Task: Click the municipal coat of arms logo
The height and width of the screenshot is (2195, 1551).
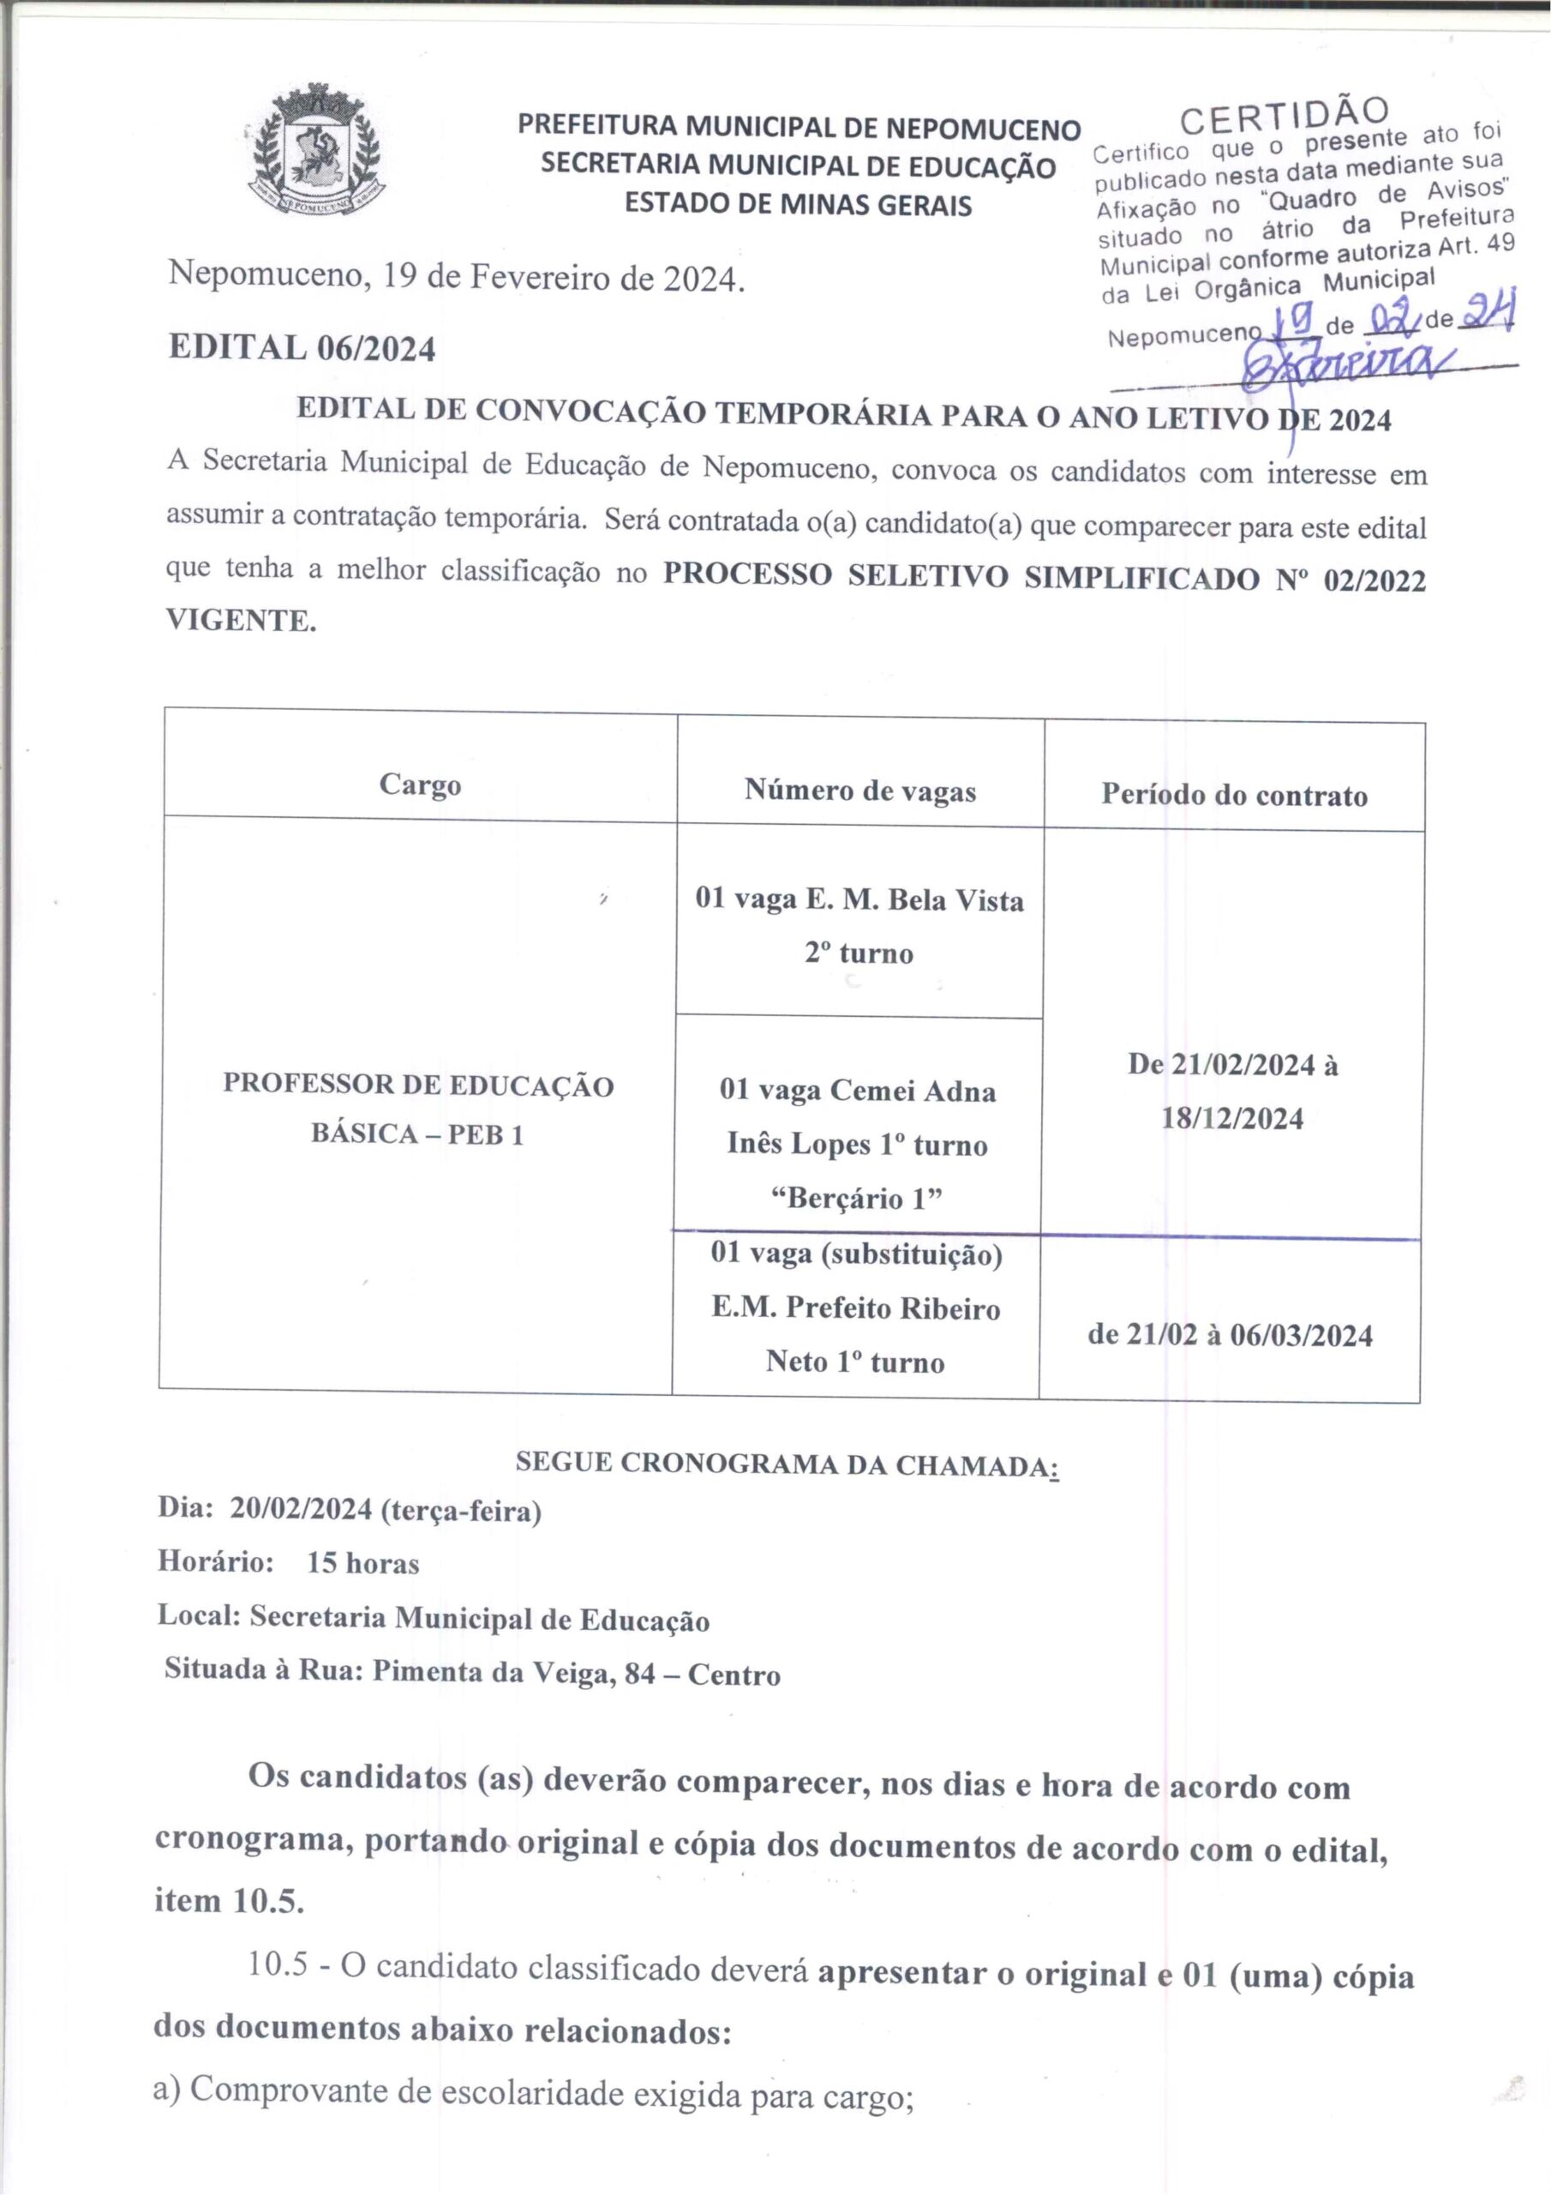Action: point(314,150)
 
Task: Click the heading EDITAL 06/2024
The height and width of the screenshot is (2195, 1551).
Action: point(302,348)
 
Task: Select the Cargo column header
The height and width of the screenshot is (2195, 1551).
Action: point(420,785)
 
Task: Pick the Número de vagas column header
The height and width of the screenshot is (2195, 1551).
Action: point(860,791)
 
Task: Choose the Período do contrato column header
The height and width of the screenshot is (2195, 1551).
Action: point(1234,796)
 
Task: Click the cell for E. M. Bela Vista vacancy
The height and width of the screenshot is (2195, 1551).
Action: point(859,925)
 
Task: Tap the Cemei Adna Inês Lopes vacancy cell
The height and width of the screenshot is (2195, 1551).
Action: point(857,1144)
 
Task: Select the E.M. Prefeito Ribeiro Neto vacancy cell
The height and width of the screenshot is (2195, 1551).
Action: point(855,1307)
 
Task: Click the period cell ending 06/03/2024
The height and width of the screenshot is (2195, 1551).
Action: point(1230,1335)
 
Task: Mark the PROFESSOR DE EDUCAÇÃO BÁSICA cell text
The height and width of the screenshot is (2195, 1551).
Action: point(418,1110)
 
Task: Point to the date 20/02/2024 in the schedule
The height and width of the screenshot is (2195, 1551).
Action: point(300,1511)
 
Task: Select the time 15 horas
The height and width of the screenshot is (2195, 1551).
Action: point(362,1564)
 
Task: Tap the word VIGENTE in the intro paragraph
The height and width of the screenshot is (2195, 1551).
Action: point(240,621)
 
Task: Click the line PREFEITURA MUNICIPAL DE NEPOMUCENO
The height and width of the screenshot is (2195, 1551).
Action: point(799,127)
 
